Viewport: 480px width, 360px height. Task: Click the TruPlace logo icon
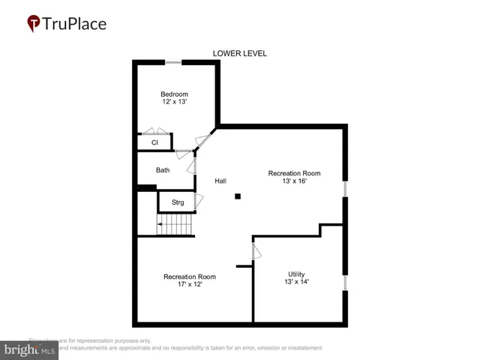pyautogui.click(x=34, y=23)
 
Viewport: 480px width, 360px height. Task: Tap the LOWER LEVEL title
pyautogui.click(x=239, y=53)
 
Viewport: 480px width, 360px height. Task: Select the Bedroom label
pyautogui.click(x=174, y=94)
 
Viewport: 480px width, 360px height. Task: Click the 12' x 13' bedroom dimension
pyautogui.click(x=174, y=103)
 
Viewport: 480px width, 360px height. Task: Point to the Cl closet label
pyautogui.click(x=154, y=142)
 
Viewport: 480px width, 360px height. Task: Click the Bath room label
pyautogui.click(x=163, y=170)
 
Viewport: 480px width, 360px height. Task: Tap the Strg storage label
pyautogui.click(x=178, y=202)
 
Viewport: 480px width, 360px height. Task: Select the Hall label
pyautogui.click(x=220, y=181)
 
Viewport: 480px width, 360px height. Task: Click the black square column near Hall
pyautogui.click(x=238, y=196)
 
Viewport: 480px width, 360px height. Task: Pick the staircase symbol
pyautogui.click(x=175, y=224)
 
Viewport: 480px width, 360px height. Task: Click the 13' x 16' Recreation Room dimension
pyautogui.click(x=294, y=182)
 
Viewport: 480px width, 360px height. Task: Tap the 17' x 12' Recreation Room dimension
pyautogui.click(x=190, y=284)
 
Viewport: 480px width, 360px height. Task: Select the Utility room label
pyautogui.click(x=297, y=274)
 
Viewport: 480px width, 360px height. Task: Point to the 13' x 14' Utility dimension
pyautogui.click(x=297, y=282)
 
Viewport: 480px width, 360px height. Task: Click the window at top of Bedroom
pyautogui.click(x=174, y=62)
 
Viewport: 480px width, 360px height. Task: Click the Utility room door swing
pyautogui.click(x=256, y=250)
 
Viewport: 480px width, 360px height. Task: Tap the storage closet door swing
pyautogui.click(x=199, y=202)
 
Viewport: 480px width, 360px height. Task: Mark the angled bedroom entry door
pyautogui.click(x=201, y=141)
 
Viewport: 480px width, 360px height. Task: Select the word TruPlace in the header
pyautogui.click(x=75, y=23)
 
